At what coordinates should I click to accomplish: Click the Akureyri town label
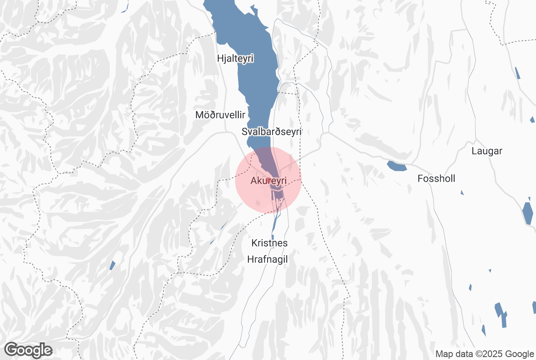pos(268,181)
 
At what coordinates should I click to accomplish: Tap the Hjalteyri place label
pos(235,58)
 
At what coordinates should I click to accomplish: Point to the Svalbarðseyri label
pos(272,131)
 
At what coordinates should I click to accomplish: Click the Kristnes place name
pos(269,243)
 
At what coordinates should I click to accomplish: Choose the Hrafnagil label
pos(268,259)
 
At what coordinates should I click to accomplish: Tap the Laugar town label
pos(487,151)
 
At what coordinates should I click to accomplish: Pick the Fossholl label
pos(436,179)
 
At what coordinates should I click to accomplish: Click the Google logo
pos(28,350)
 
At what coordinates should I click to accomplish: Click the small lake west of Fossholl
pos(397,166)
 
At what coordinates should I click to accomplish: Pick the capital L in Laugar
pos(474,151)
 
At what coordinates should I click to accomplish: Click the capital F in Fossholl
pos(420,179)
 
